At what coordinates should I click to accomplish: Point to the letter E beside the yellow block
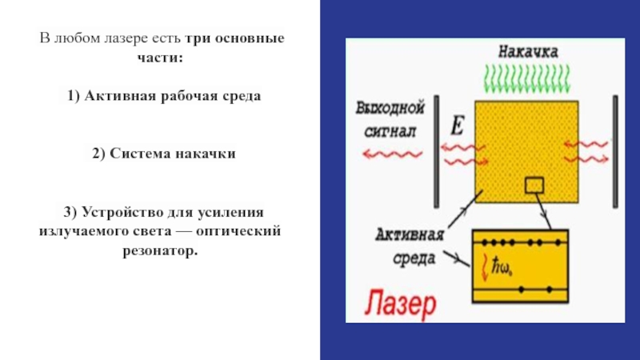458,126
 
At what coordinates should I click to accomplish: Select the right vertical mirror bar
615,150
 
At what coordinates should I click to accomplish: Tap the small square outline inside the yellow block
534,186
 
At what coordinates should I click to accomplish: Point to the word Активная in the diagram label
408,236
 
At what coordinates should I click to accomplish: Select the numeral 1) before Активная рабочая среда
74,96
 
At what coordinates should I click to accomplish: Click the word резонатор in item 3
158,250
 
